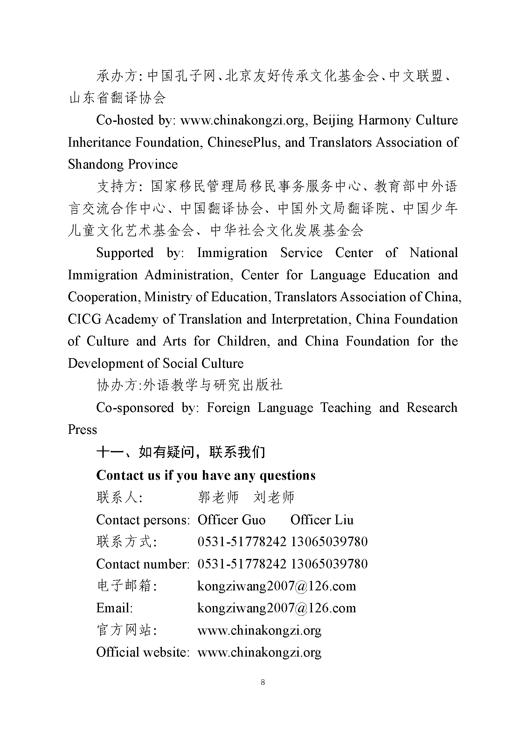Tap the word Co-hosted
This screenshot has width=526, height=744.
pyautogui.click(x=125, y=120)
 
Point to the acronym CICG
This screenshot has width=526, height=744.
pyautogui.click(x=85, y=319)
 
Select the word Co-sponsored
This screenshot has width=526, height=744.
pyautogui.click(x=135, y=408)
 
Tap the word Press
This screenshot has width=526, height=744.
pyautogui.click(x=82, y=430)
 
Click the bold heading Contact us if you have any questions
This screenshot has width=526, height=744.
pyautogui.click(x=206, y=475)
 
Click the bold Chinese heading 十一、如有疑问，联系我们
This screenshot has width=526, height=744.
pyautogui.click(x=180, y=452)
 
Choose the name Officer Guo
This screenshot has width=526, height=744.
pyautogui.click(x=231, y=520)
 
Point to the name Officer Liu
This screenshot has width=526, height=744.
pyautogui.click(x=322, y=520)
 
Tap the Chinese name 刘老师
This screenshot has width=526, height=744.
pyautogui.click(x=274, y=497)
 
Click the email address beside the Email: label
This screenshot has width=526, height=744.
pyautogui.click(x=277, y=608)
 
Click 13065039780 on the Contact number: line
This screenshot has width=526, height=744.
pyautogui.click(x=329, y=564)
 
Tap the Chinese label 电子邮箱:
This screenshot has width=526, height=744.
pyautogui.click(x=126, y=586)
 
